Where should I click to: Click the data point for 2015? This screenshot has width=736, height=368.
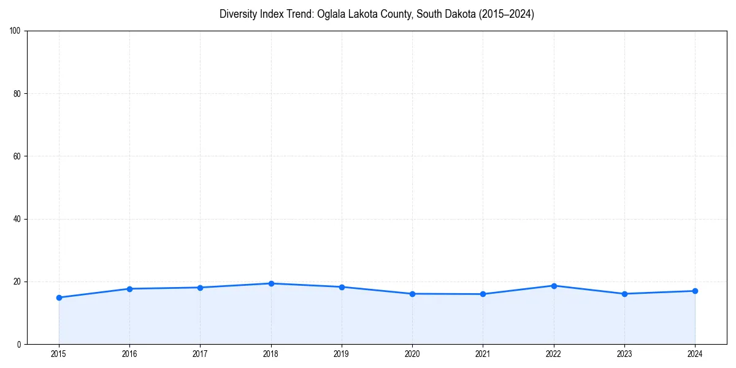(x=59, y=297)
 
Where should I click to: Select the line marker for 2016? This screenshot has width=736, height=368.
(x=129, y=289)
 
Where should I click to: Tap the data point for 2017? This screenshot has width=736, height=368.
(x=200, y=288)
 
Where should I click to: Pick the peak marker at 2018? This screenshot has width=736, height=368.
(x=271, y=283)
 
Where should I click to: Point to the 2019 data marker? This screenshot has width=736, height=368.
(x=342, y=287)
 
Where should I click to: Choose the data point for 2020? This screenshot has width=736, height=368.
(x=412, y=294)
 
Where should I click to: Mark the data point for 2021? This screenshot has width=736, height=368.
(x=483, y=294)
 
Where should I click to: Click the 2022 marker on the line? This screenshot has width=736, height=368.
(x=554, y=286)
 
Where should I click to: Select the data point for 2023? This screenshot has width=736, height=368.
(x=624, y=294)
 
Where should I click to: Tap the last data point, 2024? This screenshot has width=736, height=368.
(x=695, y=291)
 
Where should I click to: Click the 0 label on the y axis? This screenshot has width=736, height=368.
(x=20, y=344)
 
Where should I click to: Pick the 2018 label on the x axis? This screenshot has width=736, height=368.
(x=271, y=354)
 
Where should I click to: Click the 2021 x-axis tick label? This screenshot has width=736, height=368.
(x=483, y=354)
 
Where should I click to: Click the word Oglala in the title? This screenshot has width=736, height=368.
(x=331, y=14)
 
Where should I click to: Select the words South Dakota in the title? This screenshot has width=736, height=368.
(x=438, y=14)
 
